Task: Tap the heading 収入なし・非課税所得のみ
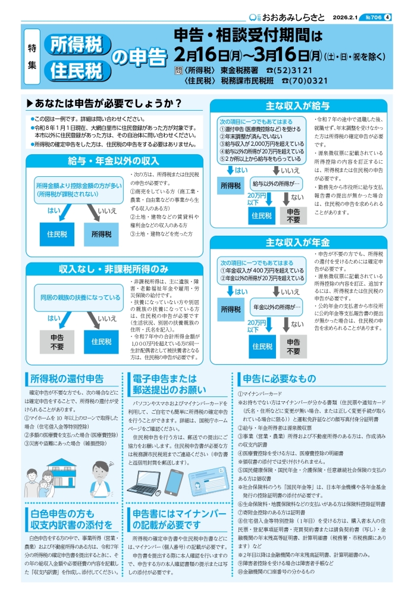(113, 268)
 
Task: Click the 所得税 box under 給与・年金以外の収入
(101, 234)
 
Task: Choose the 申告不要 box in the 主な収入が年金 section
(294, 346)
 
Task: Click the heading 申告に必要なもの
(277, 378)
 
